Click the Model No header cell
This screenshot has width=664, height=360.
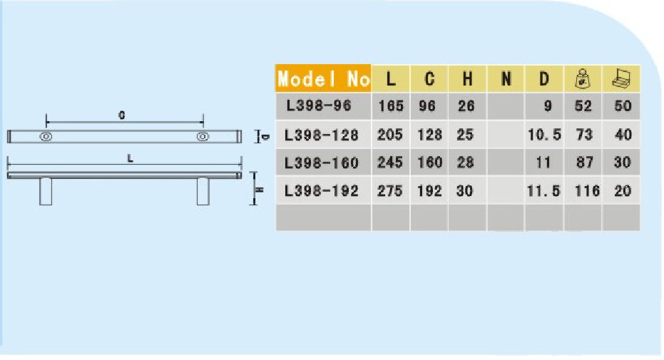(x=324, y=78)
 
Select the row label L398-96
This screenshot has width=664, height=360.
(x=319, y=106)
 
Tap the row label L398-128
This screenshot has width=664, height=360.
(x=321, y=134)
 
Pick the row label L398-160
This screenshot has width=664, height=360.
(x=321, y=163)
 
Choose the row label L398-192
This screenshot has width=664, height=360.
(x=321, y=191)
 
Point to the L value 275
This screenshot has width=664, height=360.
(x=390, y=191)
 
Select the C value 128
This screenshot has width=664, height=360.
(x=429, y=134)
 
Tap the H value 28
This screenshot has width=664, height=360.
(x=466, y=163)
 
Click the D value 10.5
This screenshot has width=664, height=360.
(x=543, y=134)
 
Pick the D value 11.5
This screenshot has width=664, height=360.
(x=543, y=191)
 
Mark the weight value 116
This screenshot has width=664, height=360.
(x=585, y=191)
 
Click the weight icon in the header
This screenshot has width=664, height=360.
(x=583, y=78)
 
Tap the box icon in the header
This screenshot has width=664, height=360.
(x=621, y=78)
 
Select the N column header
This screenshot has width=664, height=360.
(x=506, y=78)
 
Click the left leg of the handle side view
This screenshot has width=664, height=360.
(x=46, y=191)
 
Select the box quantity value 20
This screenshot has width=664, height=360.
(x=622, y=191)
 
